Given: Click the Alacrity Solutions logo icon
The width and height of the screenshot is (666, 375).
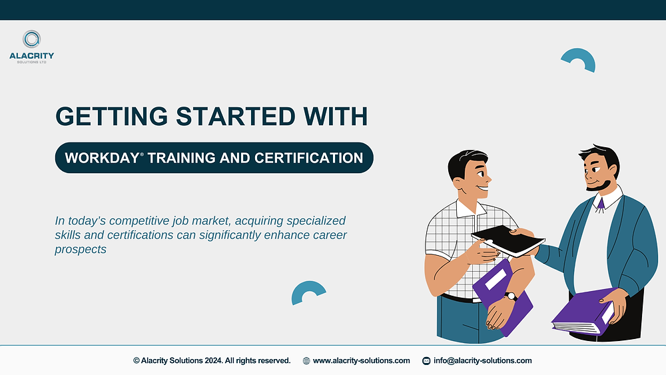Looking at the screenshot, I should [31, 39].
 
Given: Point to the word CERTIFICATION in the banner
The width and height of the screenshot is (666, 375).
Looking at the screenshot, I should [309, 158].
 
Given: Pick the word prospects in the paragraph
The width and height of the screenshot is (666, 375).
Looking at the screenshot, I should [81, 250].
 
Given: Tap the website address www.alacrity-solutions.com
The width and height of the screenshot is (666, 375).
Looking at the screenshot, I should [361, 360].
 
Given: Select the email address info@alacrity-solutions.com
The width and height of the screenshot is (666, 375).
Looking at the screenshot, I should [482, 360].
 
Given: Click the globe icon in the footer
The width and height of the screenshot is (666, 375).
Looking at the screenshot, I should [306, 360].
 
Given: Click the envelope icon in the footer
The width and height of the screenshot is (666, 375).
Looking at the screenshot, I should [426, 360].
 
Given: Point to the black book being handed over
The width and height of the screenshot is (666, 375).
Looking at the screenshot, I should [507, 240].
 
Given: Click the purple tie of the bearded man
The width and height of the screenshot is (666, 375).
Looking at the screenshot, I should [600, 203].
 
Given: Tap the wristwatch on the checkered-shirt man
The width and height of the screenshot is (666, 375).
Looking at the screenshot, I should [510, 296].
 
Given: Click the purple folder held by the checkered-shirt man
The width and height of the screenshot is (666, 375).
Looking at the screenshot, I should [503, 293].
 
